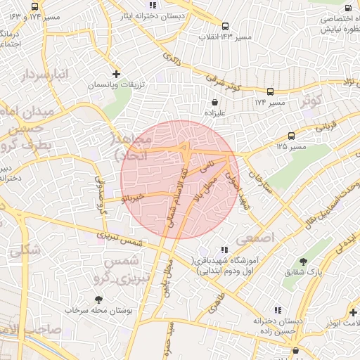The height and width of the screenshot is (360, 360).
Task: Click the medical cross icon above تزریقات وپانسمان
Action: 117,74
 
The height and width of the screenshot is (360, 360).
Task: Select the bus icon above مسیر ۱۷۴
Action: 271,92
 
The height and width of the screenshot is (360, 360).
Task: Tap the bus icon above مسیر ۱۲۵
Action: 292,136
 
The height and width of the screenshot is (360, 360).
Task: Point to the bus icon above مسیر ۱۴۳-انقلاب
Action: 225,25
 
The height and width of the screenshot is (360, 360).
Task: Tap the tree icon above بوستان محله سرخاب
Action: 99,299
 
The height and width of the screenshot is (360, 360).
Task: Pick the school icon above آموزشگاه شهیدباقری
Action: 224,249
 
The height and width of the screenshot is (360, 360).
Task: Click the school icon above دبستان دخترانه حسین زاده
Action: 278,309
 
